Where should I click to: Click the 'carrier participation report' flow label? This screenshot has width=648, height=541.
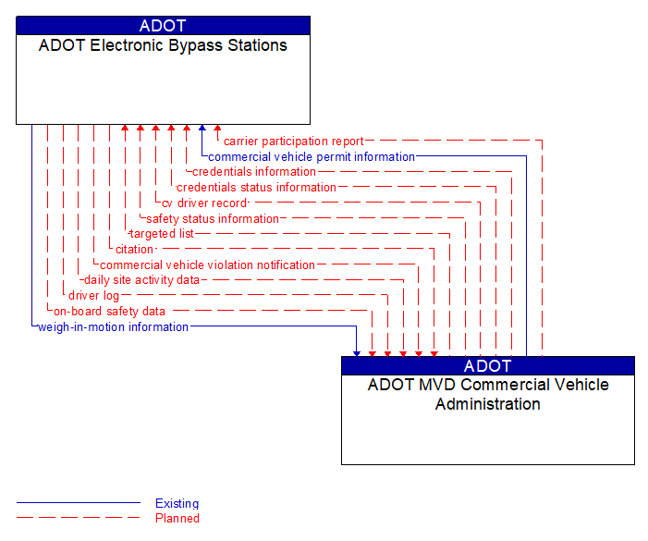pos(293,141)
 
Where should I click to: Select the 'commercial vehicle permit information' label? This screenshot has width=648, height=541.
pos(312,157)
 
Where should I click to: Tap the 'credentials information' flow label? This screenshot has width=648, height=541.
pos(254,172)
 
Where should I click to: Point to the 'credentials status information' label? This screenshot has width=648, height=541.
pos(256,188)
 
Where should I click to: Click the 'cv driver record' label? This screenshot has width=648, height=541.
pos(204,203)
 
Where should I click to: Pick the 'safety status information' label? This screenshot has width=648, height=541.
pos(212,219)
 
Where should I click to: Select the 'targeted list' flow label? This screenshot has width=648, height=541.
pos(162,234)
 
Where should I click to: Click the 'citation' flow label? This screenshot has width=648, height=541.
pos(134,250)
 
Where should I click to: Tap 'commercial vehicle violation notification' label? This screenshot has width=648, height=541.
pos(207,265)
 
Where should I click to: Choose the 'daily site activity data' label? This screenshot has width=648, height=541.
pos(141,280)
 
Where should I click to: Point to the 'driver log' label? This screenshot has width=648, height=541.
pos(93,296)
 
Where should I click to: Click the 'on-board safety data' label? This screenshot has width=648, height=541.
pos(109,312)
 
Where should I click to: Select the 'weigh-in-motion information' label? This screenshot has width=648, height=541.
pos(113,327)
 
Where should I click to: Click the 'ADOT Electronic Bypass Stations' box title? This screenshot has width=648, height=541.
pos(163,45)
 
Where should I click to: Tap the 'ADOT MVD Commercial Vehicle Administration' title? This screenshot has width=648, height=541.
pos(488,394)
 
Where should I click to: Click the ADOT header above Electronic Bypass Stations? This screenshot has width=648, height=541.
pos(163,26)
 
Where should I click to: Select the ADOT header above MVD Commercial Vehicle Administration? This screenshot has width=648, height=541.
pos(488,365)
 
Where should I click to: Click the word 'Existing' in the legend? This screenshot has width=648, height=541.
pos(177,504)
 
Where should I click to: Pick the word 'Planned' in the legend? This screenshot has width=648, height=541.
pos(177,519)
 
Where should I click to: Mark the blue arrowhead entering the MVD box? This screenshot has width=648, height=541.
pos(357,352)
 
